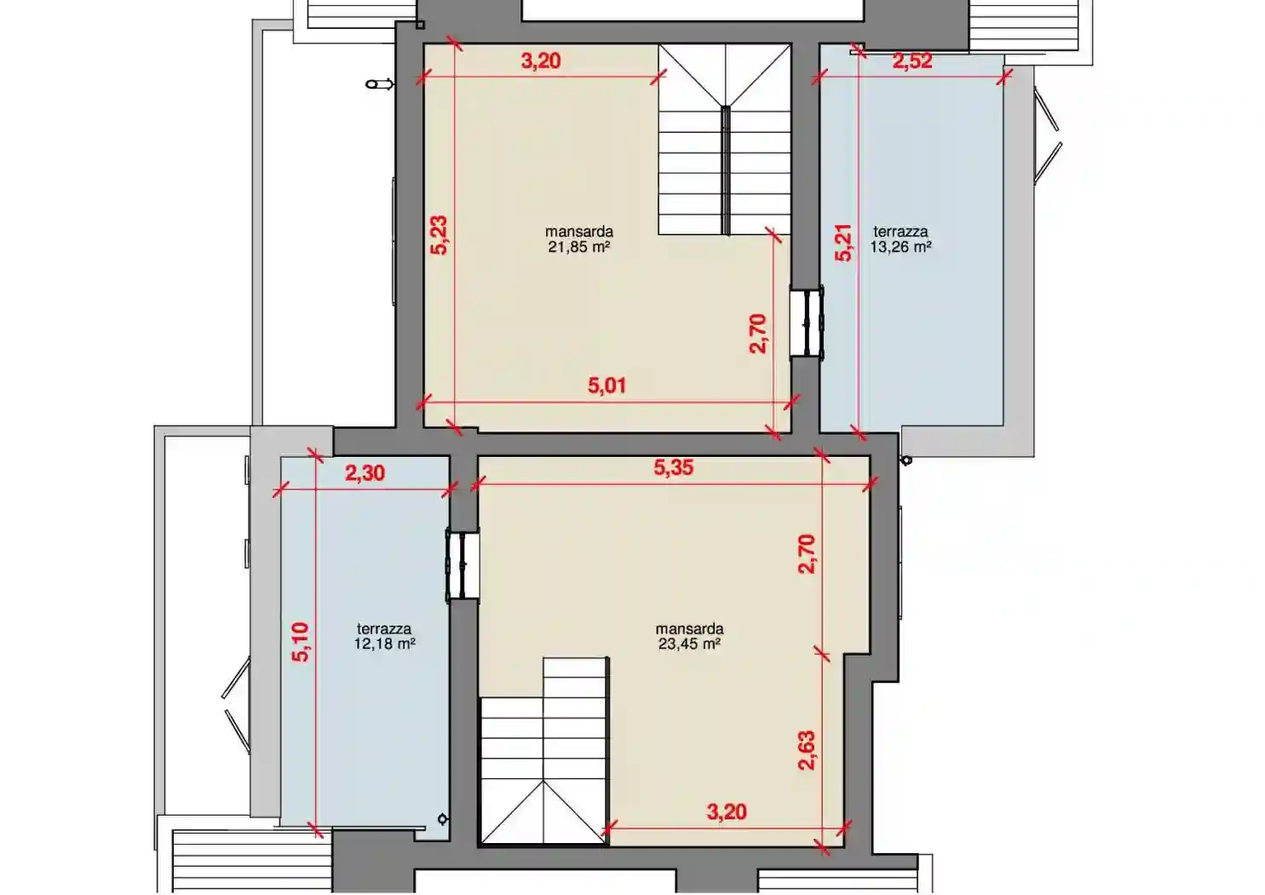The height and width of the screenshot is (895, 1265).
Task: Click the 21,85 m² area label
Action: [579, 247]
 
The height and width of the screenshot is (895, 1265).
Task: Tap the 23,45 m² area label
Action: [689, 644]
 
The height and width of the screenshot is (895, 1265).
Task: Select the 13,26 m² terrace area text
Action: [900, 247]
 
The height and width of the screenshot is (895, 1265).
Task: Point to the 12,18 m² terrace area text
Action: [384, 644]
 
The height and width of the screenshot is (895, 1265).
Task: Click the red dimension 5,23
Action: [439, 235]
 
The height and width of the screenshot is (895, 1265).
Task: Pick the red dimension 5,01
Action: [607, 385]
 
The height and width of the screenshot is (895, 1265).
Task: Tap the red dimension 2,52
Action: [912, 61]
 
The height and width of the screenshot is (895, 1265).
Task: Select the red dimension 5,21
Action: [843, 242]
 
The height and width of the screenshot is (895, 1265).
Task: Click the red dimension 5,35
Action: [674, 467]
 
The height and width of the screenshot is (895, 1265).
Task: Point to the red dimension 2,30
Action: [365, 473]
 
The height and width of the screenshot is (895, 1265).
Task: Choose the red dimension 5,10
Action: [300, 642]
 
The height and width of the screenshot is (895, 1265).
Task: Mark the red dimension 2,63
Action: [807, 750]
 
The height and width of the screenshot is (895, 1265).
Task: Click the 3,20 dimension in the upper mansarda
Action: [540, 61]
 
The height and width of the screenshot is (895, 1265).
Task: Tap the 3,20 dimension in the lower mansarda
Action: [727, 812]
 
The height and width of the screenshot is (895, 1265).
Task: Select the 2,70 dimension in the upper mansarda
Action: [758, 334]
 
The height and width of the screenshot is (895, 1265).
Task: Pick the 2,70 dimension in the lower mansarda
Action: [807, 554]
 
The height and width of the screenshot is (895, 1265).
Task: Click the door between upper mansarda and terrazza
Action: [807, 323]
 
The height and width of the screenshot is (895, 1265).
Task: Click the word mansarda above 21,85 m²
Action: [579, 232]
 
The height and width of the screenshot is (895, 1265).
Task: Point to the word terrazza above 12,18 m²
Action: [384, 629]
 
